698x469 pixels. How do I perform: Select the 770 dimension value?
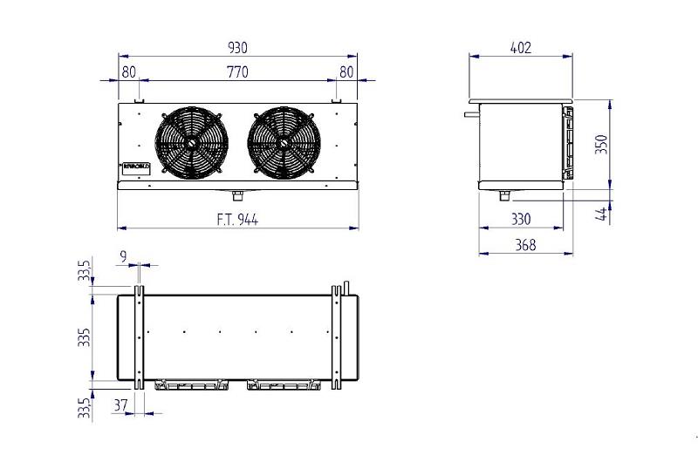click(237, 72)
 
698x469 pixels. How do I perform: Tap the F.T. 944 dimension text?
click(237, 220)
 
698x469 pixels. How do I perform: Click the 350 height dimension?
click(601, 144)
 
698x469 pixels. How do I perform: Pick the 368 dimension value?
click(525, 246)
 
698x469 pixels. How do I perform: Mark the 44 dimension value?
click(601, 213)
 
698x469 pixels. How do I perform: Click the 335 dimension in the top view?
click(85, 337)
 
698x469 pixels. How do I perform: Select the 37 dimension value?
click(120, 404)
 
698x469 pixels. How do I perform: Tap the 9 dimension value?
click(123, 256)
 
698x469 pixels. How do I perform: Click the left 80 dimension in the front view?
click(129, 72)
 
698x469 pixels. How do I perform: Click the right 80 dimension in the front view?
click(346, 72)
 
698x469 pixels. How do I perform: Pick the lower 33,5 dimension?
click(85, 407)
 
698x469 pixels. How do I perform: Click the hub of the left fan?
click(190, 143)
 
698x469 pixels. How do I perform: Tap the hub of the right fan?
click(284, 143)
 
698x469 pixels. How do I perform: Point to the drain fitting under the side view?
click(504, 194)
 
